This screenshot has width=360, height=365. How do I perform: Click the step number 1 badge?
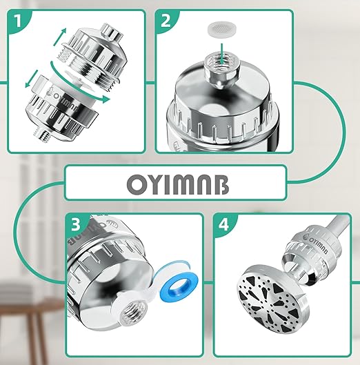pos(18,21)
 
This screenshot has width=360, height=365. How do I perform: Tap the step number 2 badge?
pos(166,21)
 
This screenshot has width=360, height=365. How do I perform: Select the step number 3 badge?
pos(76,224)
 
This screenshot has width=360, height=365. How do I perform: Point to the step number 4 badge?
pos(223,224)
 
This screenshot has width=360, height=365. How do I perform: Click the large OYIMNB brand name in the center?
pos(178,185)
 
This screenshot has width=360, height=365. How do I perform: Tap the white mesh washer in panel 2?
pos(221,30)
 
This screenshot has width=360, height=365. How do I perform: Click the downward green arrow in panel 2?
pos(222,55)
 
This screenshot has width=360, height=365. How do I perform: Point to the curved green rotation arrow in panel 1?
pos(77,88)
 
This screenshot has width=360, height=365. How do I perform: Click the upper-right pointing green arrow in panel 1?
pos(60,37)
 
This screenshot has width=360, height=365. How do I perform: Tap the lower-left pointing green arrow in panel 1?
pos(32,79)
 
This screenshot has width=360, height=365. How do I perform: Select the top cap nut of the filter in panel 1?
pos(111,30)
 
